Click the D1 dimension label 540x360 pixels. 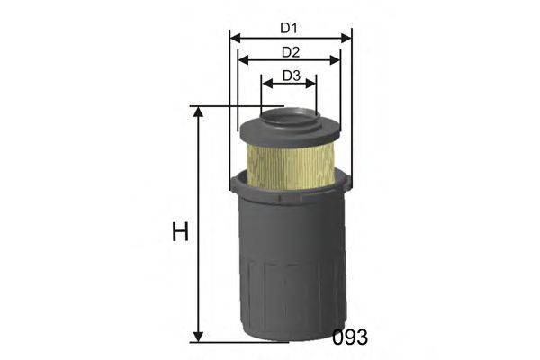290,28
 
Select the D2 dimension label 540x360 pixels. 290,51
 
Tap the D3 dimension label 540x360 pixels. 290,76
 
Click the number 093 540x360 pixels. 350,337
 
